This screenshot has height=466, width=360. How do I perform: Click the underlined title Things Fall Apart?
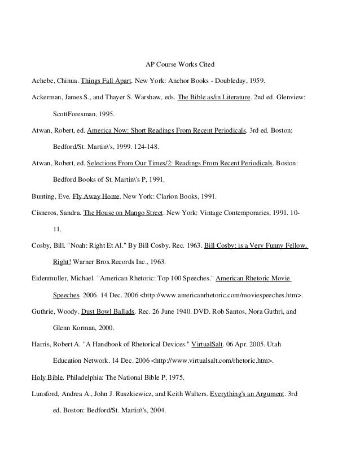106,80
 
